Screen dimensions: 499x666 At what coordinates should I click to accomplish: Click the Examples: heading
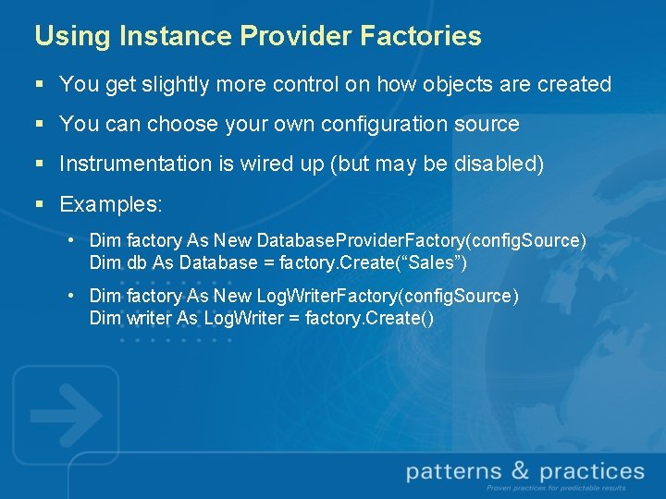[111, 203]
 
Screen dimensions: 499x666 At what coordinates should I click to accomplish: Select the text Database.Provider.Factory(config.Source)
[421, 240]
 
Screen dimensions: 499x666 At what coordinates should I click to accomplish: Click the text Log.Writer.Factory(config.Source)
[388, 296]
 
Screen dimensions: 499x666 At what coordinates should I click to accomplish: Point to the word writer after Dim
[148, 318]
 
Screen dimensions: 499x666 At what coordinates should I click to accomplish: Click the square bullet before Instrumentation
[39, 164]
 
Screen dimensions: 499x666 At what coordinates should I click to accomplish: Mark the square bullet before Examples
[39, 204]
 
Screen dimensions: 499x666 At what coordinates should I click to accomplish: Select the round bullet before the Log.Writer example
[71, 296]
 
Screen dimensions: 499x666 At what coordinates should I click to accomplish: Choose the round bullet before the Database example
[71, 240]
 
